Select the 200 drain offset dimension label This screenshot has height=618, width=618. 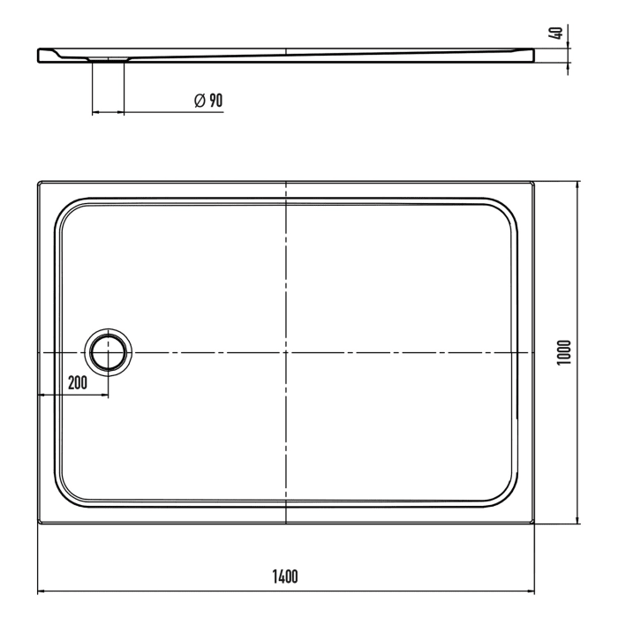coord(77,382)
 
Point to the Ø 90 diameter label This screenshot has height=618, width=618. coord(208,101)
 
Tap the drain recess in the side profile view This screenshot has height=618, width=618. coord(109,59)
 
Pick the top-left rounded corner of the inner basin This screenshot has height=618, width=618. coord(67,209)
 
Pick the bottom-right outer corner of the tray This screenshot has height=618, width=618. coord(535,522)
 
